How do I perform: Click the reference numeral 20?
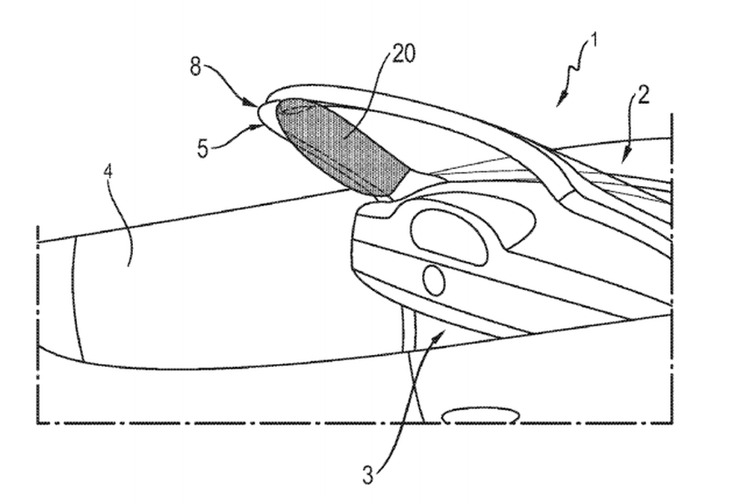(x=403, y=54)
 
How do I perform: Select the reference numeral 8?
(x=196, y=67)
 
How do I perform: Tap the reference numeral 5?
(x=202, y=149)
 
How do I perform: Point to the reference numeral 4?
(x=108, y=171)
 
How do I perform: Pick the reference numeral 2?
(x=643, y=96)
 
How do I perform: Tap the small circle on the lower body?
(x=434, y=280)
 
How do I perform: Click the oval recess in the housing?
(x=449, y=237)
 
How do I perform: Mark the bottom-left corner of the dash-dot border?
(x=38, y=423)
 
